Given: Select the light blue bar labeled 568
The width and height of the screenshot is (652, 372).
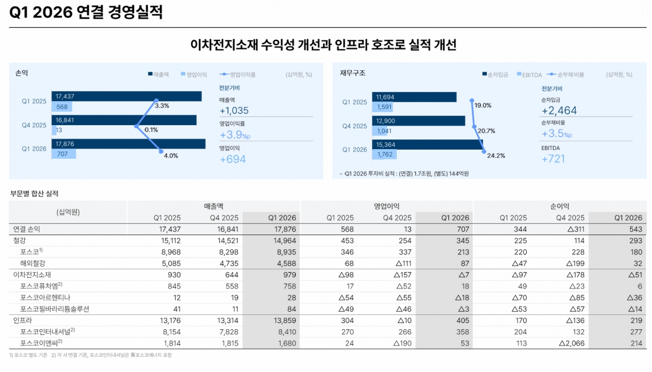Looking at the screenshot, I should (x=62, y=106).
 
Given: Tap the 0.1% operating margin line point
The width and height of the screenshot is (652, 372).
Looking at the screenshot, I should (x=136, y=126).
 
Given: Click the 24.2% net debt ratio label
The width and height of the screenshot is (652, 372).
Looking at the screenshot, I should (x=496, y=156).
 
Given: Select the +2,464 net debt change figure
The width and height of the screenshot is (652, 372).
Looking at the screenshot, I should (x=559, y=110).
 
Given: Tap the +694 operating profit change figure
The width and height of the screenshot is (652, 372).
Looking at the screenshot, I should (x=232, y=159).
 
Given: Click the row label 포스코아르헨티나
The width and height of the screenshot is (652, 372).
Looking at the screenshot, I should (x=45, y=297).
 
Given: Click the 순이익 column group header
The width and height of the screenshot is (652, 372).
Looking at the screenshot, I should (x=559, y=206).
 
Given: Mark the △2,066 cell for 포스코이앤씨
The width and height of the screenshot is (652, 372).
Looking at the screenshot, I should (x=571, y=343).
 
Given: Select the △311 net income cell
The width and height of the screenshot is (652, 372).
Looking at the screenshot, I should (x=574, y=230).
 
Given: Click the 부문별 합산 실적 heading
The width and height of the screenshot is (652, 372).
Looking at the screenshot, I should (x=34, y=193).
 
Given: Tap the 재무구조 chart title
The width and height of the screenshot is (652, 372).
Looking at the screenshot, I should (x=352, y=73).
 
